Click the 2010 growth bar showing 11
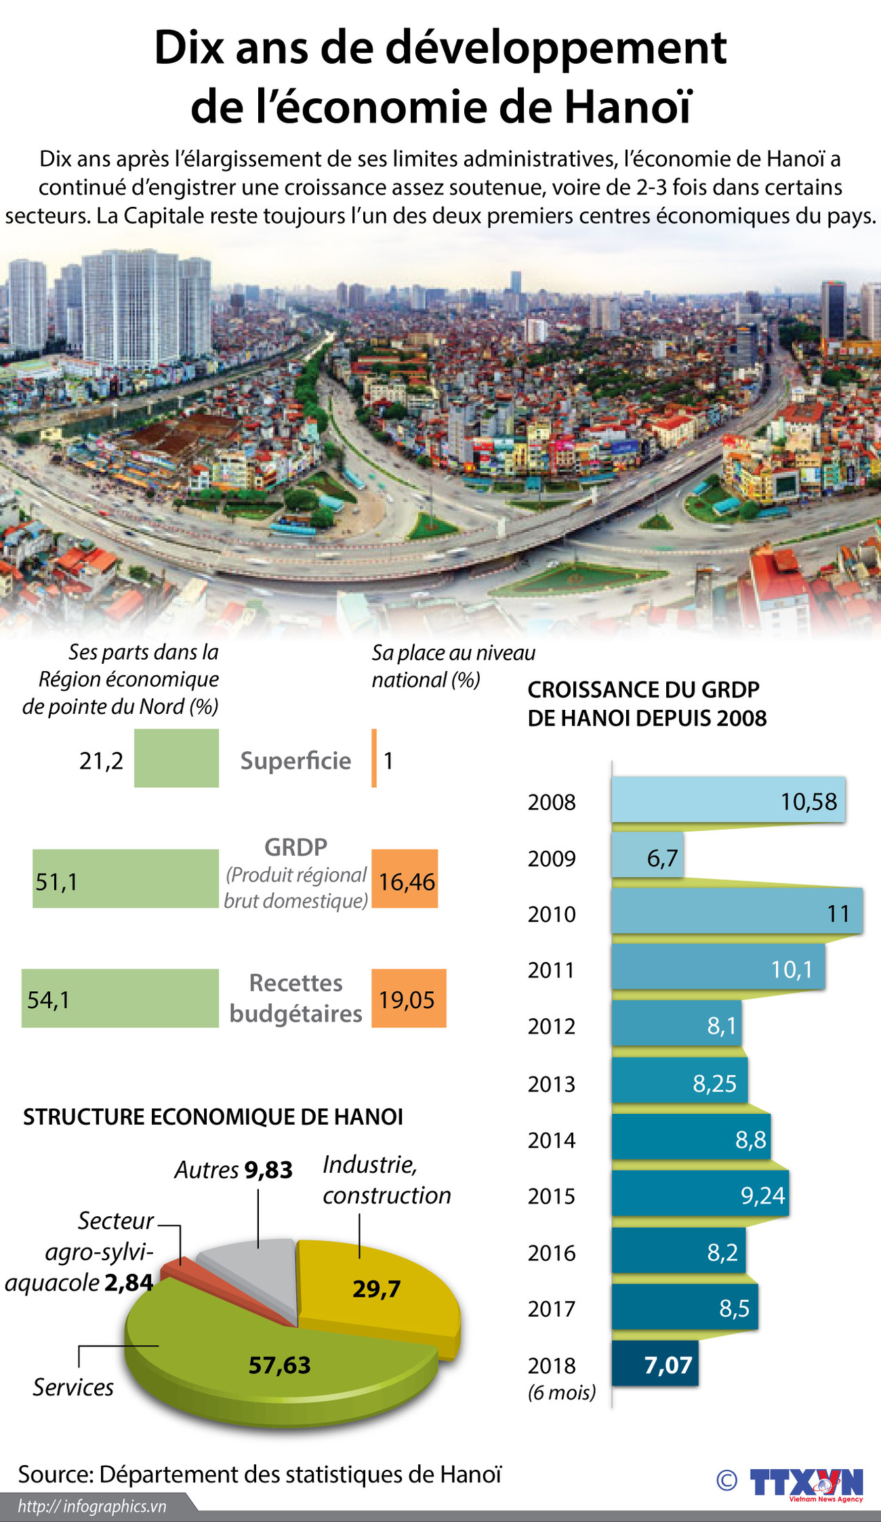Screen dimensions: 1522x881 pyautogui.click(x=737, y=911)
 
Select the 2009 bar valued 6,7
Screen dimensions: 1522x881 pyautogui.click(x=647, y=856)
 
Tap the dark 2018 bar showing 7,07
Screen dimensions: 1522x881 pyautogui.click(x=654, y=1363)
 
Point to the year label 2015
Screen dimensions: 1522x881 pyautogui.click(x=552, y=1196)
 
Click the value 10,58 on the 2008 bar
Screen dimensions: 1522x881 pyautogui.click(x=808, y=801)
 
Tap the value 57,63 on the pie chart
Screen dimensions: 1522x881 pyautogui.click(x=279, y=1365)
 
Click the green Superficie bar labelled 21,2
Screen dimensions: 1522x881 pyautogui.click(x=176, y=758)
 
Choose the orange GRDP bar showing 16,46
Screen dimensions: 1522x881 pyautogui.click(x=405, y=879)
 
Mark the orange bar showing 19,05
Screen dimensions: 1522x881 pyautogui.click(x=409, y=998)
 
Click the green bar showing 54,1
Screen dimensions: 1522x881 pyautogui.click(x=120, y=998)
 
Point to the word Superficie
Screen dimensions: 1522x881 pyautogui.click(x=295, y=761)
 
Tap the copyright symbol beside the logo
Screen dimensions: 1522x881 pyautogui.click(x=726, y=1481)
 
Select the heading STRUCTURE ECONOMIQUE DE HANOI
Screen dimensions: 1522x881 pyautogui.click(x=213, y=1117)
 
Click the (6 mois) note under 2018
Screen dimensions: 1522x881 pyautogui.click(x=562, y=1392)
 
